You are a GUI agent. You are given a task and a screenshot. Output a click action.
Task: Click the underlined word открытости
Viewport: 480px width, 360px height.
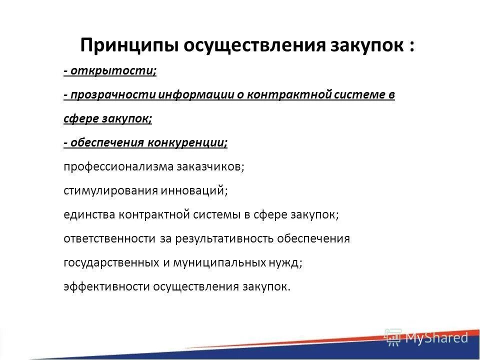(113, 71)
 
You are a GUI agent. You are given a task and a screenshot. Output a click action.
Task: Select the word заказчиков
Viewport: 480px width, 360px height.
(209, 167)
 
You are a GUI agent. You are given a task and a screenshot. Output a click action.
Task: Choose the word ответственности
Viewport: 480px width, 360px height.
(109, 239)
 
